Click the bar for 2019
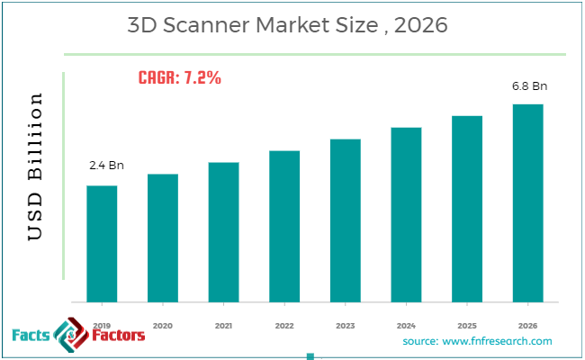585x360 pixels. (x=102, y=243)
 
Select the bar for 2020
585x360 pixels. (x=163, y=238)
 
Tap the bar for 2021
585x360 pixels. (x=223, y=231)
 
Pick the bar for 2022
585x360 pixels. (x=284, y=226)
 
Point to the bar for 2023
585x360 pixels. (x=345, y=220)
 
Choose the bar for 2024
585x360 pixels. (x=406, y=214)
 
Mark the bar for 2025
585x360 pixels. (x=467, y=208)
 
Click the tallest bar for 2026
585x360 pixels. (x=527, y=202)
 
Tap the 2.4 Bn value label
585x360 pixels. (x=104, y=166)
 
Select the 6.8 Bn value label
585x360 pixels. (x=528, y=86)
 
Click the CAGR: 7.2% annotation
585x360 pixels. (x=180, y=77)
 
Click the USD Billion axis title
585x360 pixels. (x=36, y=166)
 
